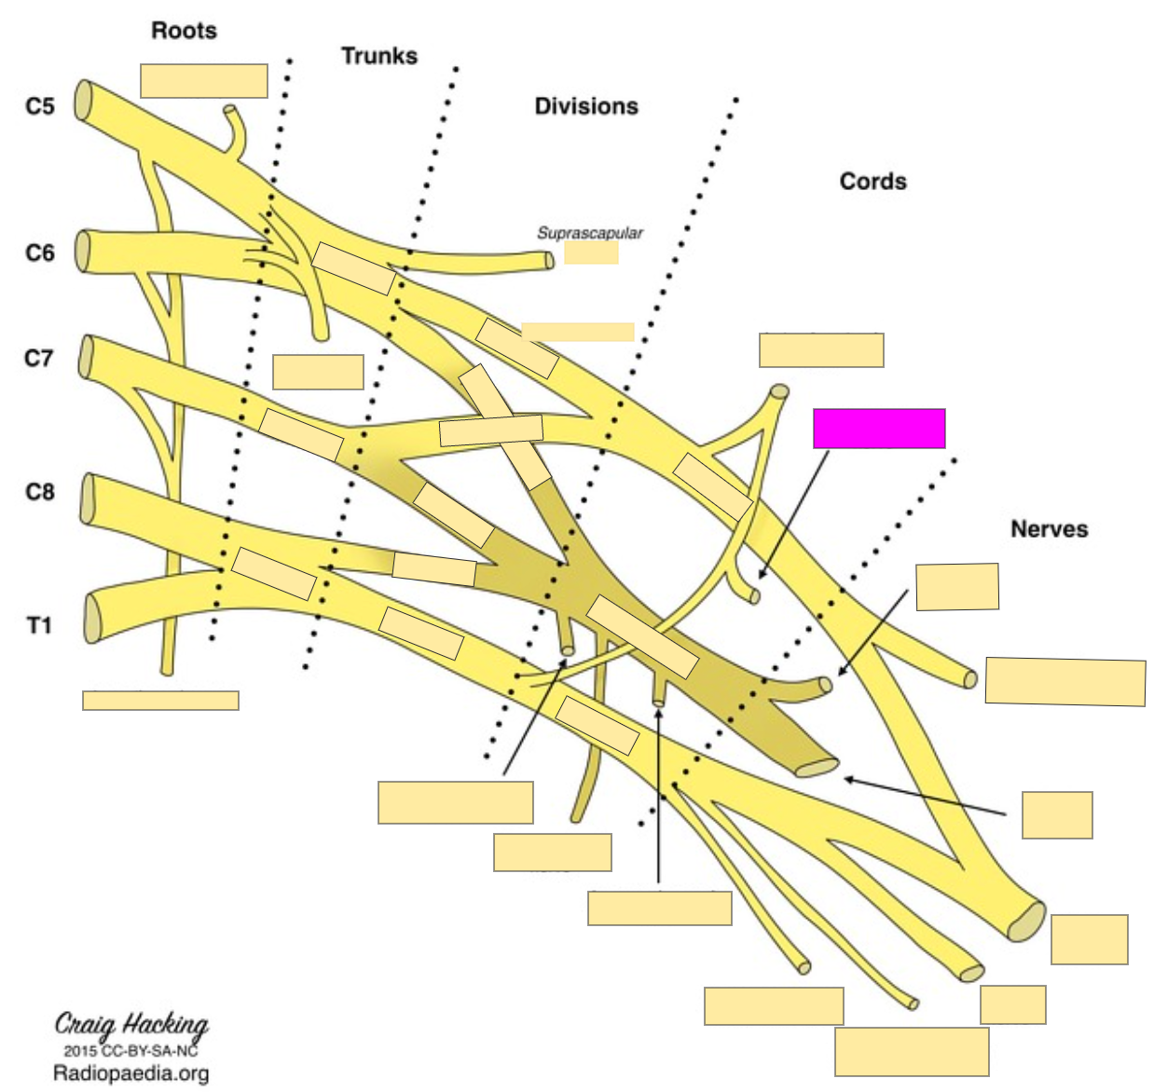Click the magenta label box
coord(879,429)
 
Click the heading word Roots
coord(184,31)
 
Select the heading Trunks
coord(378,56)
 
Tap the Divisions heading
coord(585,106)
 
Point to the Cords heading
coord(872,181)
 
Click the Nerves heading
coord(1049,529)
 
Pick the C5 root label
coord(40,106)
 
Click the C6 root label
coord(40,253)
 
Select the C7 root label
coord(39,358)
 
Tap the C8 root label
coord(40,491)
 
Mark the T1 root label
coord(39,625)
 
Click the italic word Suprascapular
coord(589,233)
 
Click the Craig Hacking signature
coord(131,1025)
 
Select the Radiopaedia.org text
coord(131,1073)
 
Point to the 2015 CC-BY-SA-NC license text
coord(131,1051)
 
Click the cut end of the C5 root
coord(84,101)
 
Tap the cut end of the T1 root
coord(91,619)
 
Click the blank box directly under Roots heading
coord(204,81)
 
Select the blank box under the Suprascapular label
coord(591,253)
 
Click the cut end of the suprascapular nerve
coord(548,260)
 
